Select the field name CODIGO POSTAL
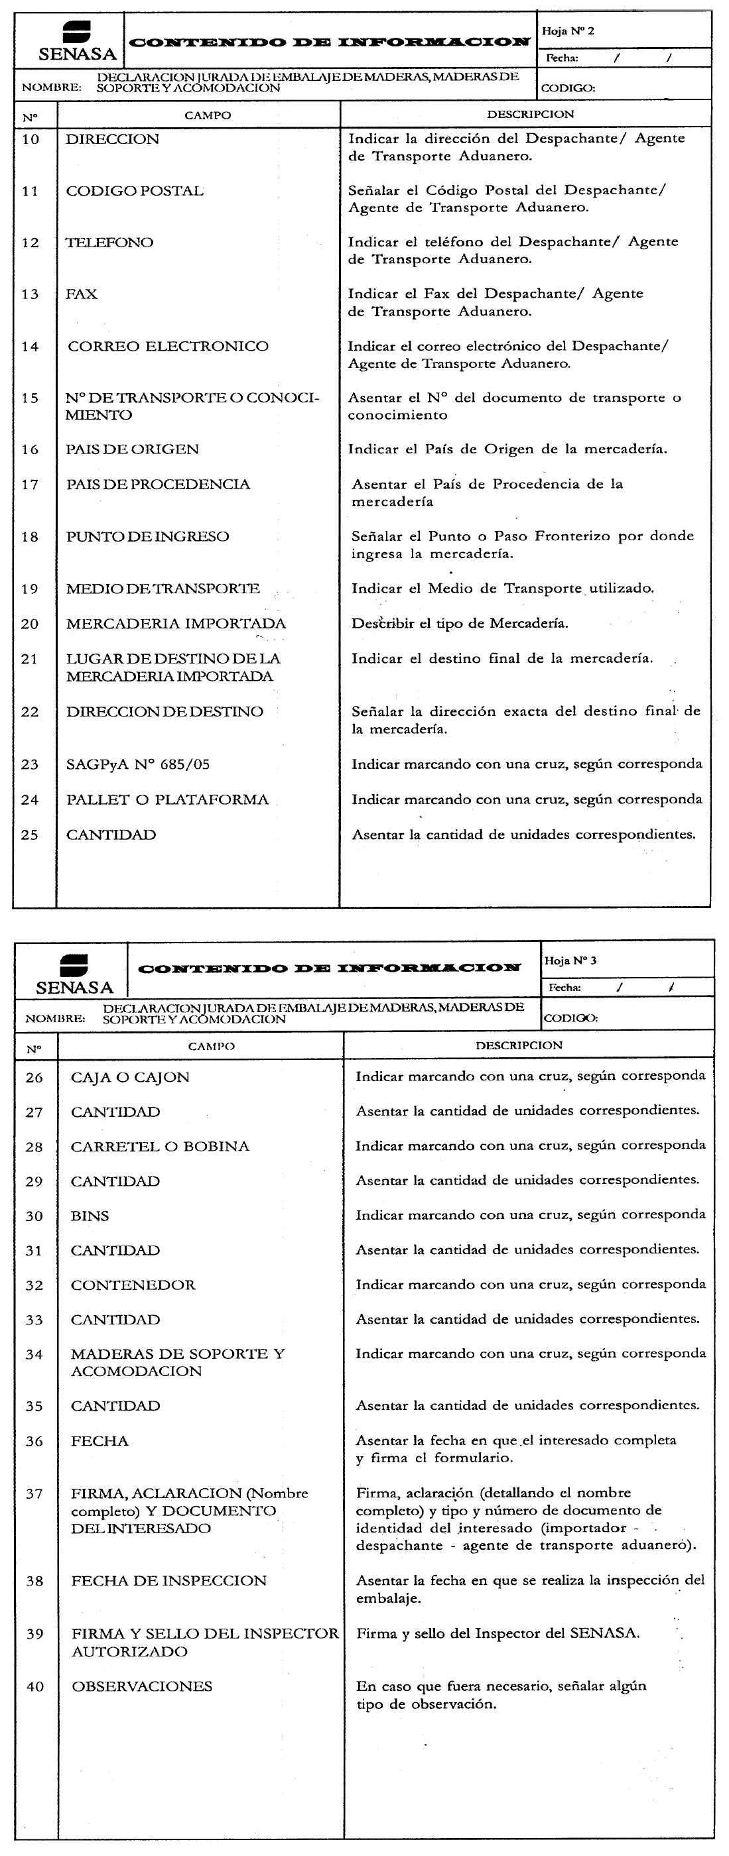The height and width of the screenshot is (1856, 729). pyautogui.click(x=135, y=191)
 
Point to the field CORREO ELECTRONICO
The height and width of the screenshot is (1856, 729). pyautogui.click(x=168, y=347)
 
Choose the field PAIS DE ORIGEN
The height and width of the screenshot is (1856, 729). pyautogui.click(x=132, y=449)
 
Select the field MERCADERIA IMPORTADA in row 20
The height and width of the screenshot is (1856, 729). pyautogui.click(x=176, y=624)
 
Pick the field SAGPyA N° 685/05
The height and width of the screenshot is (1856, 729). pyautogui.click(x=138, y=764)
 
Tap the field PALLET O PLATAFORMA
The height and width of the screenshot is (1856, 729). pyautogui.click(x=167, y=800)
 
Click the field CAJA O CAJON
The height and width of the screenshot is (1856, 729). pyautogui.click(x=130, y=1078)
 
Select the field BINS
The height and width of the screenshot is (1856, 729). pyautogui.click(x=90, y=1216)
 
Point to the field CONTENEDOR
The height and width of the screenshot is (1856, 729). pyautogui.click(x=133, y=1285)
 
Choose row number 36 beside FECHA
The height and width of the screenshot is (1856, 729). pyautogui.click(x=34, y=1442)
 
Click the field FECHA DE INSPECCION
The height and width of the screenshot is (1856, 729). pyautogui.click(x=168, y=1581)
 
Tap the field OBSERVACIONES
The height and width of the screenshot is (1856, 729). pyautogui.click(x=142, y=1687)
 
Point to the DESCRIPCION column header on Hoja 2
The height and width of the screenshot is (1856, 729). pyautogui.click(x=530, y=115)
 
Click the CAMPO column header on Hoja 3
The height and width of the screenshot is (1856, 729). pyautogui.click(x=212, y=1046)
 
